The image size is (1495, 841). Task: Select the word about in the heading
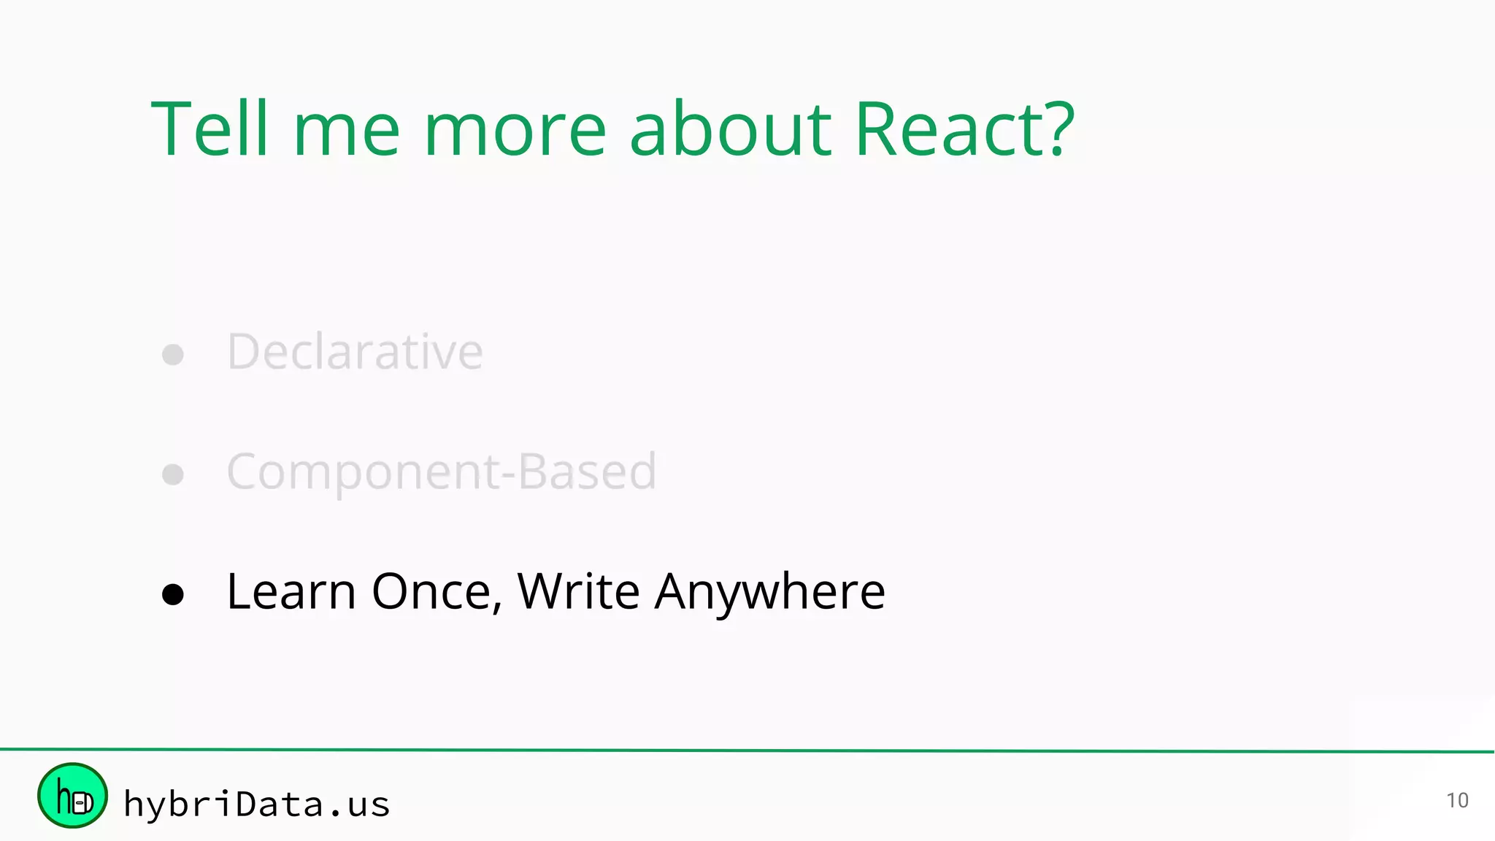point(730,129)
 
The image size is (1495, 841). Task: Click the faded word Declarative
point(355,352)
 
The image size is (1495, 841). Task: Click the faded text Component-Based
point(442,472)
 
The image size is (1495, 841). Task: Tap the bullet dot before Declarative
point(173,355)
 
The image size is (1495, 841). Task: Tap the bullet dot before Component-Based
point(173,475)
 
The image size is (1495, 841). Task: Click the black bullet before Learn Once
point(173,594)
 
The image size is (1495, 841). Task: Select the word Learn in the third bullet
point(291,591)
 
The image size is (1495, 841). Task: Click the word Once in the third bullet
point(431,591)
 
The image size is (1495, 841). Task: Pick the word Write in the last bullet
point(578,591)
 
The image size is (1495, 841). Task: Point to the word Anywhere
point(769,591)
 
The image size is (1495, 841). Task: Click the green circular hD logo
point(72,796)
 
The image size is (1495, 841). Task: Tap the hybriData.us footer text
point(257,804)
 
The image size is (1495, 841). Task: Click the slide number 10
point(1457,801)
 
